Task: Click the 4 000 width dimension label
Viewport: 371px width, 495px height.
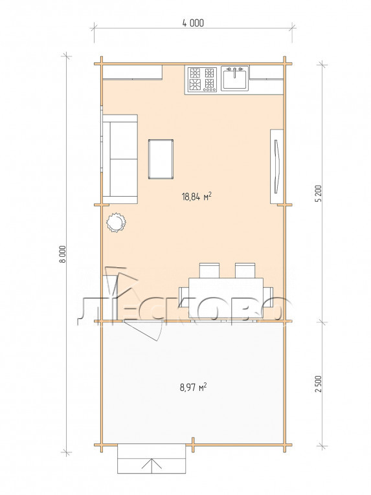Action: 193,23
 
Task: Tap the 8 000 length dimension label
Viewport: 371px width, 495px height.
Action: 63,254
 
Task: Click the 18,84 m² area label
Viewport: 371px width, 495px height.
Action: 196,197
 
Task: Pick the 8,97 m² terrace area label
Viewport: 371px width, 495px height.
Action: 193,387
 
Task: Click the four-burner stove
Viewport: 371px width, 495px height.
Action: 202,79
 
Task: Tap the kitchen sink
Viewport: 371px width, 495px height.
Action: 235,78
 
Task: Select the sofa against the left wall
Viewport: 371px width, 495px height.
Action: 120,159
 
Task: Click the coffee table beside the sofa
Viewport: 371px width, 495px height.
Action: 161,159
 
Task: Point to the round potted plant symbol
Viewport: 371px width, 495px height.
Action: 116,223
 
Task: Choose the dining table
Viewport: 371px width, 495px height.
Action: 225,298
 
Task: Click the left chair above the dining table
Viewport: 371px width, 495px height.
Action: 209,270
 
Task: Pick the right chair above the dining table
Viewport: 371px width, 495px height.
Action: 245,270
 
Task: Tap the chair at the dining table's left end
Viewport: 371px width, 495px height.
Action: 184,297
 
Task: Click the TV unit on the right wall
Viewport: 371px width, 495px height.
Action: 276,166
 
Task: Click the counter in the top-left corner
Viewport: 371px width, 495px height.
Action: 133,72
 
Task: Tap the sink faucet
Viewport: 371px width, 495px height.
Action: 235,71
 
